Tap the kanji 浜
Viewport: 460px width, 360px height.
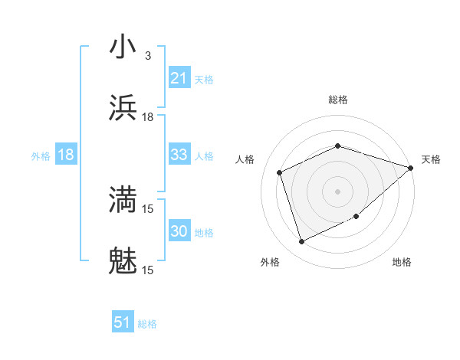[x=123, y=108]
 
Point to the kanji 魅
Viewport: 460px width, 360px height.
[x=123, y=261]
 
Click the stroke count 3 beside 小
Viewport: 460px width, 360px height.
[x=147, y=56]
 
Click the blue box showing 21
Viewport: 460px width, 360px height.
[x=179, y=78]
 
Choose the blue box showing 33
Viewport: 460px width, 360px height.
[x=179, y=155]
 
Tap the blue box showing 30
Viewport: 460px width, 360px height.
[x=179, y=231]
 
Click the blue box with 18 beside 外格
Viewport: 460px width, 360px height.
[x=66, y=155]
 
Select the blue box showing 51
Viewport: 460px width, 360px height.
[x=123, y=322]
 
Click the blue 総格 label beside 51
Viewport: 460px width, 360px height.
[x=147, y=324]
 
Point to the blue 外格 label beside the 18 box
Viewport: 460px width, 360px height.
[x=41, y=155]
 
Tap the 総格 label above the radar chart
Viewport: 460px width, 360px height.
[x=337, y=100]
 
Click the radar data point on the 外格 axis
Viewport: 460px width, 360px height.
[x=301, y=242]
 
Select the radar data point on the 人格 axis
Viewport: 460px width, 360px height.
[x=280, y=172]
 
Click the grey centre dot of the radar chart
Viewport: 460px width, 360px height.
[x=337, y=191]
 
